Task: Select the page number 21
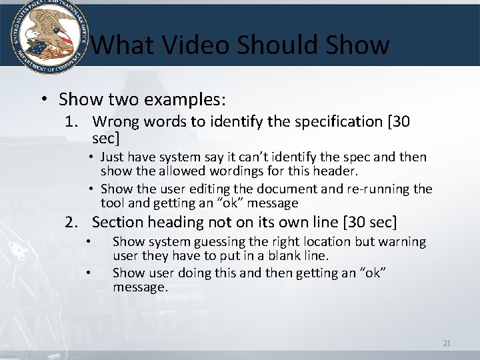447,343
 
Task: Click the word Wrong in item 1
114,121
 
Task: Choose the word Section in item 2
117,221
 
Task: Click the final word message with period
140,287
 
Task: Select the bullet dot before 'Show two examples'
43,100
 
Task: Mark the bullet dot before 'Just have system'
93,157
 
